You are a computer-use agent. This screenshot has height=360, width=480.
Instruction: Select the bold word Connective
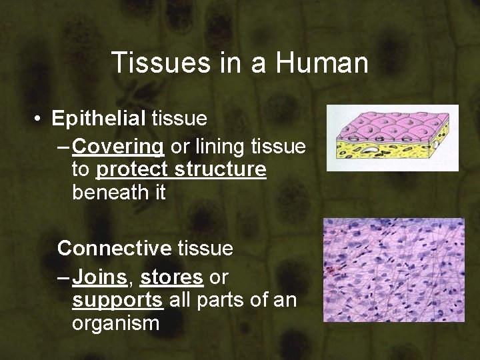114,249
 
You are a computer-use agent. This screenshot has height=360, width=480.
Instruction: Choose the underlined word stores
171,274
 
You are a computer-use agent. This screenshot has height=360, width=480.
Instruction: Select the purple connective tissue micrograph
393,270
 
